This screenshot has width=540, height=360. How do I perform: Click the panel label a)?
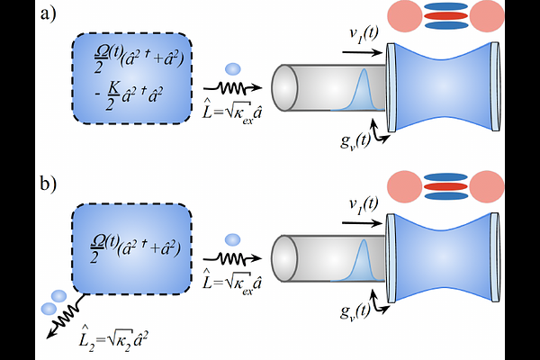(48, 14)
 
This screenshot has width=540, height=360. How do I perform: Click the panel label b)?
(49, 184)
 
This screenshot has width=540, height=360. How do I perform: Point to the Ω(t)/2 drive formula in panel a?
(139, 59)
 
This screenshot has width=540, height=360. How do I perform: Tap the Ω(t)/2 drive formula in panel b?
(135, 248)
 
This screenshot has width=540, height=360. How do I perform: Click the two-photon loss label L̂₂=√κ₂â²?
(113, 337)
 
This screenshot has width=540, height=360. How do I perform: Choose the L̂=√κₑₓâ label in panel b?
(232, 281)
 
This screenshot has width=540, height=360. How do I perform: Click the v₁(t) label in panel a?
(364, 34)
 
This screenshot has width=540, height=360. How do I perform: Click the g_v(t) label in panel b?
(355, 311)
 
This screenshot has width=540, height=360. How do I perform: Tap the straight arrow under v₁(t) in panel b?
(363, 223)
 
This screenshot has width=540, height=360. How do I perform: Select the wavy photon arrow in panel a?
(233, 88)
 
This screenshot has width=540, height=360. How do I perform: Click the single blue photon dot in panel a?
(233, 69)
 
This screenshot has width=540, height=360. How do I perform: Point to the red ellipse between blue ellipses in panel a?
(445, 16)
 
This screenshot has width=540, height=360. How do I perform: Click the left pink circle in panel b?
(404, 186)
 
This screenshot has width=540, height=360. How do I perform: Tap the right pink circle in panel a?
(487, 16)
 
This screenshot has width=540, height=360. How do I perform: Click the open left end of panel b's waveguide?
(284, 258)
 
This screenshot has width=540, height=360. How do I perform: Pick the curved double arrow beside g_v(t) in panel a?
(379, 132)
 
